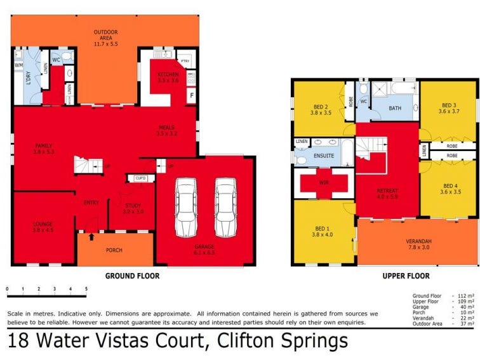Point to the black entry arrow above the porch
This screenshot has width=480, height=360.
coord(91,237)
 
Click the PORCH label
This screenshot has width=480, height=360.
coord(114,250)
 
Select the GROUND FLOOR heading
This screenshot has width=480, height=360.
coord(132,276)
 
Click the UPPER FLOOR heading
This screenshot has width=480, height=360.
coord(406,276)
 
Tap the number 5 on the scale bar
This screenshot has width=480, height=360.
coord(86,289)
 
